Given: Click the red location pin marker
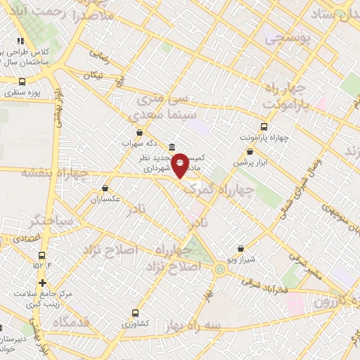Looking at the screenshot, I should click(x=180, y=166).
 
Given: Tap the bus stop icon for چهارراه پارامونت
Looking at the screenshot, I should click(x=264, y=127).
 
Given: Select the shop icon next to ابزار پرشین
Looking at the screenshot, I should click(x=250, y=152).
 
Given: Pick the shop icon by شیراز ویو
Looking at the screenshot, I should click(x=241, y=248).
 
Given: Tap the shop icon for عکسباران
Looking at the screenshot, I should click(x=105, y=188).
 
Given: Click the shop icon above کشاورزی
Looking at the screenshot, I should click(x=135, y=313).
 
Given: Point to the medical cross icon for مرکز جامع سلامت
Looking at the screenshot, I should click(x=42, y=283).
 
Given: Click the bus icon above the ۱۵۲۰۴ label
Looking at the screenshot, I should click(x=41, y=256).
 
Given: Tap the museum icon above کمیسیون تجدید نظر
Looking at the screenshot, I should click(x=172, y=146).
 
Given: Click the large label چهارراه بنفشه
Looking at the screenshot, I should click(x=54, y=172).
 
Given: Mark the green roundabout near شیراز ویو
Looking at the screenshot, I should click(x=220, y=269).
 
